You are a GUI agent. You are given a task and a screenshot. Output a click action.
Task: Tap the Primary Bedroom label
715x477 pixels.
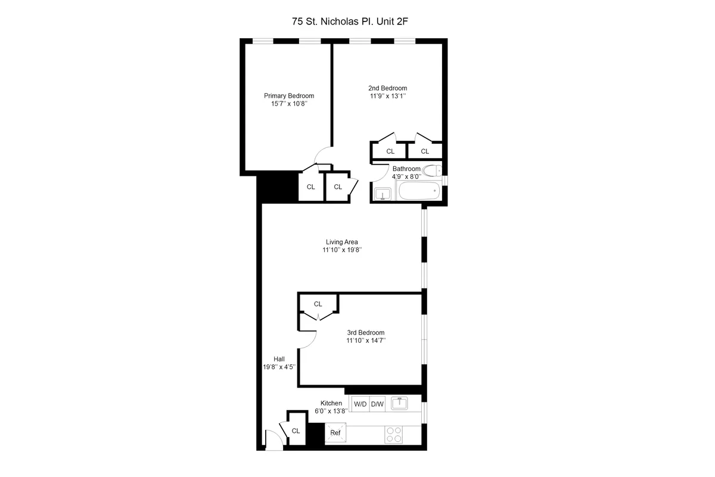coord(289,95)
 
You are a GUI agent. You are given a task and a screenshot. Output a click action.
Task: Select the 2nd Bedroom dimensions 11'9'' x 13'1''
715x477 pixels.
coord(387,95)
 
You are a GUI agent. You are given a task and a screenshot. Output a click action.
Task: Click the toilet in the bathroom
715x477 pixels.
coord(434,170)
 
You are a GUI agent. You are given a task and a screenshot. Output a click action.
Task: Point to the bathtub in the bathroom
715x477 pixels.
coord(418,192)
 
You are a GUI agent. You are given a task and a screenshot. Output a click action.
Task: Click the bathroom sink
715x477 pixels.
coord(382,193)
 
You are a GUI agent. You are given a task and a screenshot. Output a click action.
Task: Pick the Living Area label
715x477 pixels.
coord(341,241)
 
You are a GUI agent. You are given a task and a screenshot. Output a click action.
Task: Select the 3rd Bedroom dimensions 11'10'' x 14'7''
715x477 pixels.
coord(366,340)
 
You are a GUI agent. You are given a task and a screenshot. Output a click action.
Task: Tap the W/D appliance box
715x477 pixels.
coord(360,404)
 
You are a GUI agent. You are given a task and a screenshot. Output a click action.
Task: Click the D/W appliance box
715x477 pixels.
coord(378,404)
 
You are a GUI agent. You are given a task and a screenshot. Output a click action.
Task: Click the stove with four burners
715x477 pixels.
coord(393,433)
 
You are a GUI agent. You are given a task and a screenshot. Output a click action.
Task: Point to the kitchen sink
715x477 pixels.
coord(400,403)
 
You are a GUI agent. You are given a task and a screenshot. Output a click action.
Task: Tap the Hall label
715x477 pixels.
coord(279,358)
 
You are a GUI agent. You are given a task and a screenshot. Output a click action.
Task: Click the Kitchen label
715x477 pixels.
coord(331,403)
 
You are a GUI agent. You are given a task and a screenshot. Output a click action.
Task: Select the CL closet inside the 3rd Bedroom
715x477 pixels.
coord(318,303)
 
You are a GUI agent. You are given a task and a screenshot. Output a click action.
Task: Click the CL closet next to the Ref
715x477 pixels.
coord(296,430)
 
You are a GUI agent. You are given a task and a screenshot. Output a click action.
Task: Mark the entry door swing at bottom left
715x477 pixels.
coord(272,439)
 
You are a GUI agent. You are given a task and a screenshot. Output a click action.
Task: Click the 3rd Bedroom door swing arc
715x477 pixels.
coord(309,339)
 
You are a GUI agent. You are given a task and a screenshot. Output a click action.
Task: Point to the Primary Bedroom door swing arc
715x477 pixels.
coord(323,156)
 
